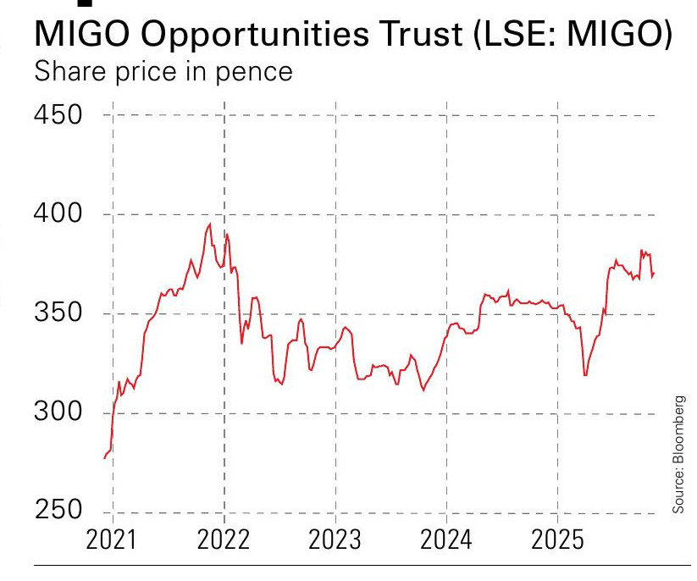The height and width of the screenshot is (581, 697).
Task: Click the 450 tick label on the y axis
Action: coord(58,114)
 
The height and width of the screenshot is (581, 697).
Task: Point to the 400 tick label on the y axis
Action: coord(58,214)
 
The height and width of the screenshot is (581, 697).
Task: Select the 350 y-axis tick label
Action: coord(58,313)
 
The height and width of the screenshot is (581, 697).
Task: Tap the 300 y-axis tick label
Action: coord(58,413)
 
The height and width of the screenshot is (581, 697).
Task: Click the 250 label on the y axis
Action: coord(58,512)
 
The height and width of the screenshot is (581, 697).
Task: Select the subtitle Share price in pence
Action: coord(162,71)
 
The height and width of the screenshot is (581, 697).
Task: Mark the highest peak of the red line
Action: coord(209,224)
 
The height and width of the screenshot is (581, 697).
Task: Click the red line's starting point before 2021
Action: coord(104,458)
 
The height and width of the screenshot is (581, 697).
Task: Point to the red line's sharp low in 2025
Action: coord(585,375)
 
